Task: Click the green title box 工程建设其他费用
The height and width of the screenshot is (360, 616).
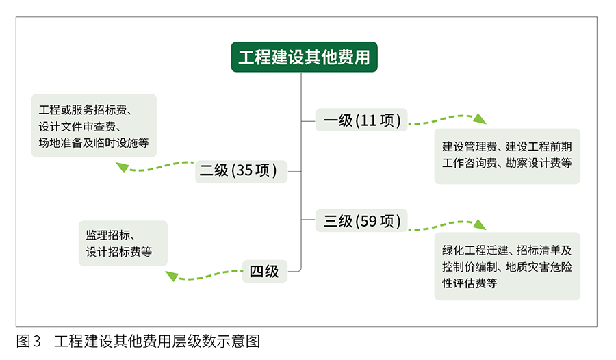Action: [304, 57]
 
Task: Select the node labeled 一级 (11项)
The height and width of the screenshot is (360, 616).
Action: [361, 120]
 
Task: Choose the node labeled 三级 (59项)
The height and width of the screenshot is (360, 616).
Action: [361, 220]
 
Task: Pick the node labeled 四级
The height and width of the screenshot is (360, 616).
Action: [264, 271]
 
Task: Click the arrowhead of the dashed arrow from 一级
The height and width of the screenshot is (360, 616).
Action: [480, 118]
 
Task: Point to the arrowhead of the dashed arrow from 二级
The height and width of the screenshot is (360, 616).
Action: [122, 166]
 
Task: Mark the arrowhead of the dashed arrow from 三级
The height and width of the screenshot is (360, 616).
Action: [480, 224]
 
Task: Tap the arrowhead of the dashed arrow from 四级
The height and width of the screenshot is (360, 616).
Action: [172, 276]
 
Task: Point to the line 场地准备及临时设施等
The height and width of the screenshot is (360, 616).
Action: [94, 143]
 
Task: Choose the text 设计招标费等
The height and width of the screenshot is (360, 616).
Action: [118, 252]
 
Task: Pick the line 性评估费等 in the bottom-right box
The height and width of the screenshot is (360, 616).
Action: [470, 283]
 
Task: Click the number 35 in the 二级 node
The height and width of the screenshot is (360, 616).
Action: [244, 170]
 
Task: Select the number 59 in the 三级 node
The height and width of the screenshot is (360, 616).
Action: [368, 220]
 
